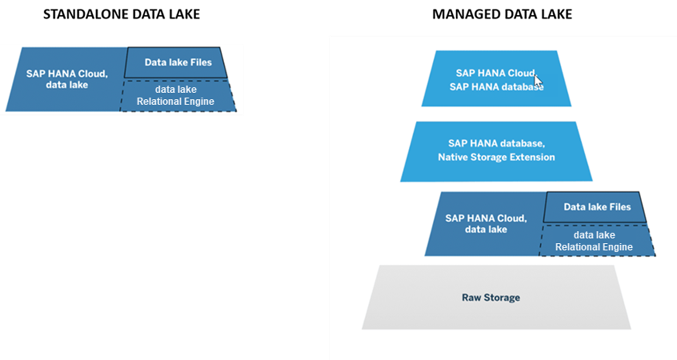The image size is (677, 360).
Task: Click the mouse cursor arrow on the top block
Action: (x=538, y=82)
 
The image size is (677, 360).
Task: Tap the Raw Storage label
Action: (x=491, y=298)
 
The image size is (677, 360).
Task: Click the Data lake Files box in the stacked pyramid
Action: (x=597, y=207)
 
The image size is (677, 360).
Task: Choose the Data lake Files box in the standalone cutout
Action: (x=177, y=62)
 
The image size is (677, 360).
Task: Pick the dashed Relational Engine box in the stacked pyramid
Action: (x=594, y=241)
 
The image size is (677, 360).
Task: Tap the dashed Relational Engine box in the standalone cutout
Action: (x=175, y=96)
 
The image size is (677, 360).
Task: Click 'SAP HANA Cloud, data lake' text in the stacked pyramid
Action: (x=485, y=224)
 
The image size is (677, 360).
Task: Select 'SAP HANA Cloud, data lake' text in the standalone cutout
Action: (x=67, y=79)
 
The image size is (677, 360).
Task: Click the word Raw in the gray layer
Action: (x=471, y=298)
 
